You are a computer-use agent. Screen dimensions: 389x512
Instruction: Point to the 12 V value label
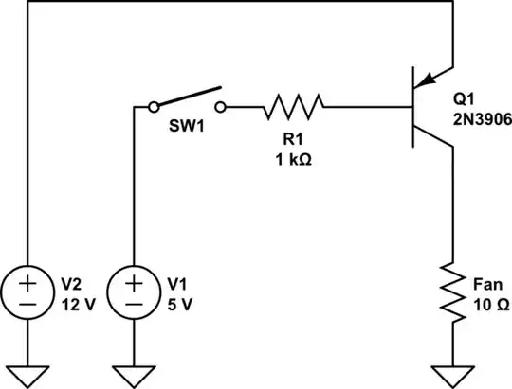coord(80,304)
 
